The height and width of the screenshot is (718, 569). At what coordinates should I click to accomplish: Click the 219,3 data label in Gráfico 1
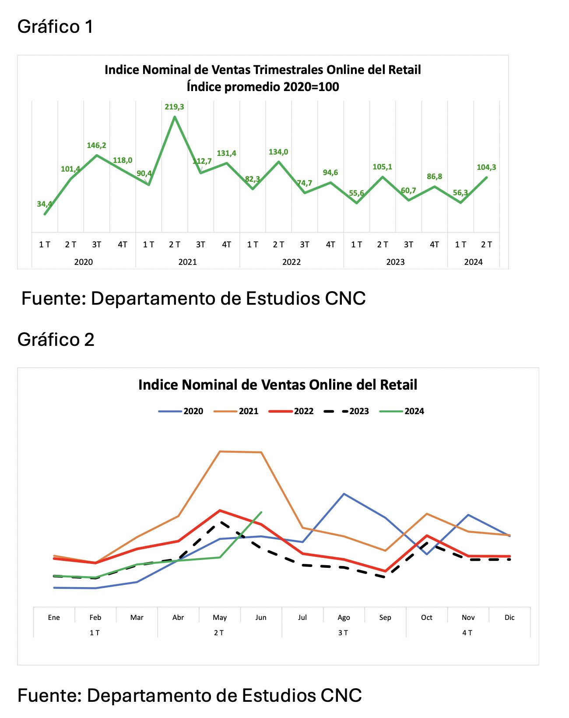pos(174,107)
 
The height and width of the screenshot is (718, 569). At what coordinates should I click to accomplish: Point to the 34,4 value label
pos(44,204)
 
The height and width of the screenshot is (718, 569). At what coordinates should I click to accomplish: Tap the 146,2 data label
pos(96,145)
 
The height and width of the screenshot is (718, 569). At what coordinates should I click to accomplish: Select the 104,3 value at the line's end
pos(486,167)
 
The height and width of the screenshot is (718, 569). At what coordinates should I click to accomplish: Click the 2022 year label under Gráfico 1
pos(291,262)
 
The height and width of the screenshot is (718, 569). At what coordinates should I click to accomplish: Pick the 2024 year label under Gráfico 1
pos(473,262)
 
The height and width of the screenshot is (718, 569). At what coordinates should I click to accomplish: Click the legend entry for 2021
pos(236,411)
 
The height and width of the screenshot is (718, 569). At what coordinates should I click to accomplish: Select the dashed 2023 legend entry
pos(346,411)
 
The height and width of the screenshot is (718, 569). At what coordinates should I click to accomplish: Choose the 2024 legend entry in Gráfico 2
pos(401,411)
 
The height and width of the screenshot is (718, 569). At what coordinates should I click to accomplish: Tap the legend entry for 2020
pos(181,411)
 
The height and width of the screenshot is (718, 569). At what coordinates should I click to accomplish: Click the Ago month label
pos(344,617)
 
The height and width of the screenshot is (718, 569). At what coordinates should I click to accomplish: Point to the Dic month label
pos(509,617)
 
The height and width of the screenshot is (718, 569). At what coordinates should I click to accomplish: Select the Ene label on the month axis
pos(54,617)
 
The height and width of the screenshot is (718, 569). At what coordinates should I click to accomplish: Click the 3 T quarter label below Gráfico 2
pos(343,633)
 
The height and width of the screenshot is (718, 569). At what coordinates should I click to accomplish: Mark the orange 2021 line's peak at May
pos(220,451)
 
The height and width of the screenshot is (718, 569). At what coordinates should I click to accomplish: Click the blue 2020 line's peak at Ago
pos(344,493)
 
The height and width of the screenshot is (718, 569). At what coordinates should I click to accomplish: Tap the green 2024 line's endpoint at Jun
pos(261,512)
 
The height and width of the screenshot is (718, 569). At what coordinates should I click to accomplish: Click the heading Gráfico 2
pos(56,340)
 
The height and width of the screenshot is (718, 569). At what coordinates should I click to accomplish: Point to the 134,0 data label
pos(278,152)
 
